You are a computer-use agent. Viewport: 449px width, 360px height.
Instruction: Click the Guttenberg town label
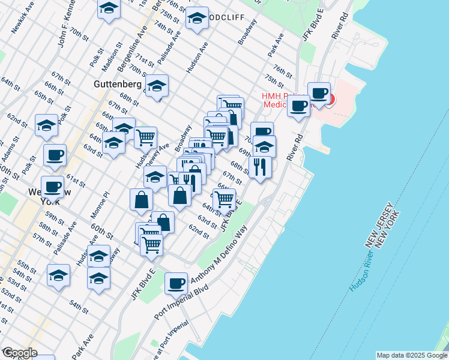click(x=118, y=85)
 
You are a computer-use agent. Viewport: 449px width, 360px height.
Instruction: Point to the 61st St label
click(x=76, y=181)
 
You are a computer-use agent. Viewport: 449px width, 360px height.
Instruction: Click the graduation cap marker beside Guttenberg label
click(x=157, y=86)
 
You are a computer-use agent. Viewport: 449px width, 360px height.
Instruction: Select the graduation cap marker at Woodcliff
click(x=197, y=19)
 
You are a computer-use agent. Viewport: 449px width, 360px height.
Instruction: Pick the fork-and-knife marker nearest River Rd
click(x=260, y=166)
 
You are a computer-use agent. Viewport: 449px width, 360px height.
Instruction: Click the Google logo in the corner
click(x=19, y=353)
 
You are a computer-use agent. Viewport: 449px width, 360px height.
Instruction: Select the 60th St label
click(x=103, y=229)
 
